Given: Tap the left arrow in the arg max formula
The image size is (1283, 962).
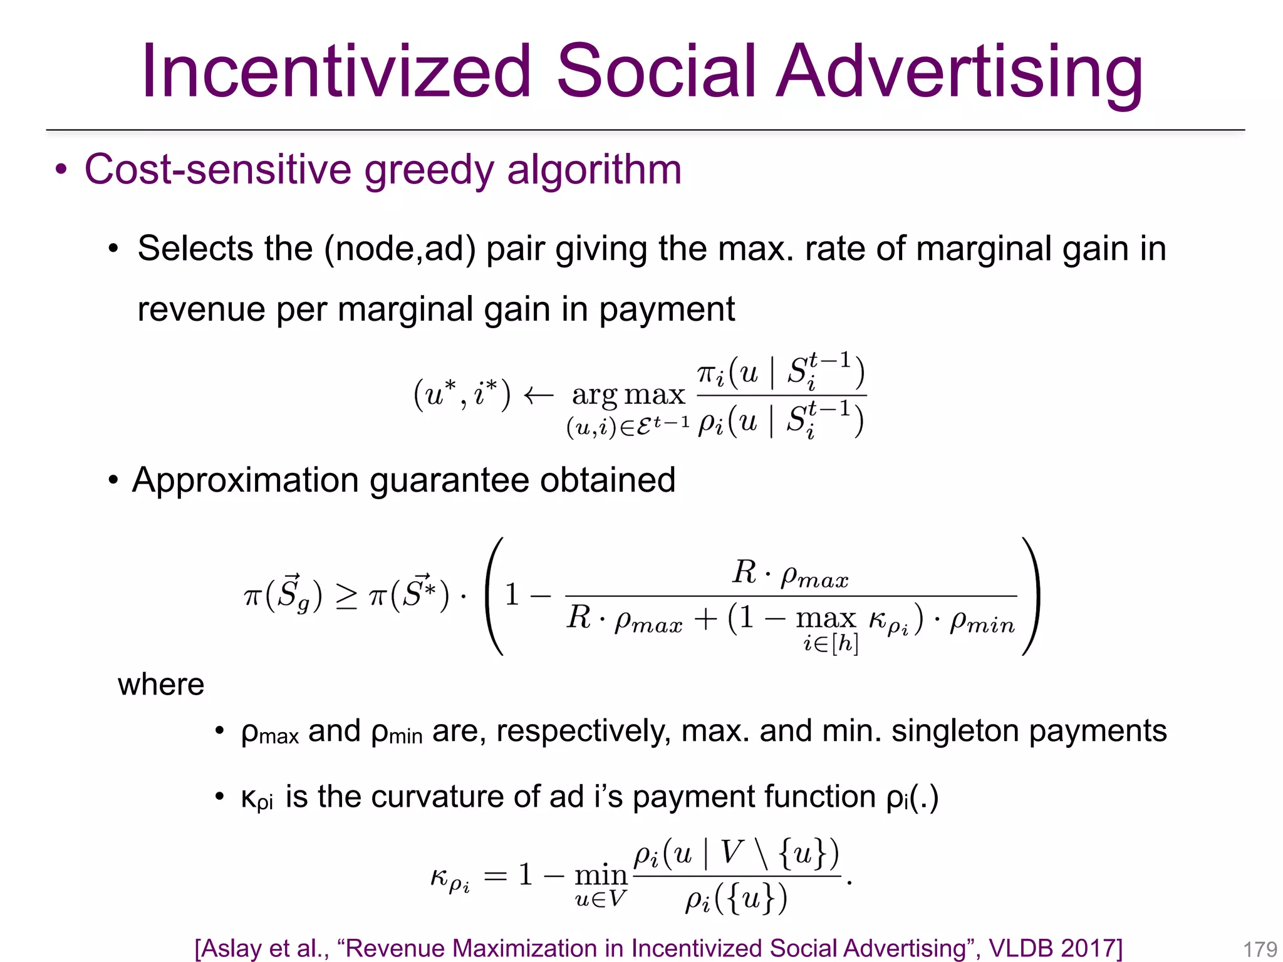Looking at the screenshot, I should (538, 395).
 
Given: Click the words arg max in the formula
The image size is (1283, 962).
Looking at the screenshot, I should (628, 395).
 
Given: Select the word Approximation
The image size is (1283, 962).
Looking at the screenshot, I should (244, 480).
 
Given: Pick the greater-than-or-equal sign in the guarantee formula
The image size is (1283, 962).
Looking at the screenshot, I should (346, 596).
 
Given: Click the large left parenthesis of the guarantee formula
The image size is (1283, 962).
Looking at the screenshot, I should (494, 596).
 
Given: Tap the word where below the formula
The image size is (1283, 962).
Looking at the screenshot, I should (161, 684).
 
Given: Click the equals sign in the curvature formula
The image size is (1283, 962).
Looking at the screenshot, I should (495, 875).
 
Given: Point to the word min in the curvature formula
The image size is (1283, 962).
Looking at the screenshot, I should (601, 874).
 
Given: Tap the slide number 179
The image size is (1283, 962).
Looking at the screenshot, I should (1260, 949).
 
